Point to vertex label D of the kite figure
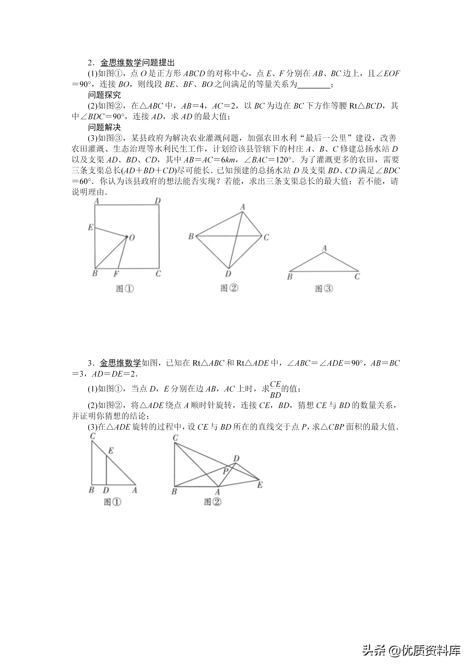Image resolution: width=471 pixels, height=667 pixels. pos(228,274)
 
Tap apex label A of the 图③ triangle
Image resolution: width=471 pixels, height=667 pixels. pos(324,248)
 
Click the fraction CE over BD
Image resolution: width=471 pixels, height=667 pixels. pos(275,389)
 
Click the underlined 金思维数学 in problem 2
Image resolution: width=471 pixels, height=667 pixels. pos(121,63)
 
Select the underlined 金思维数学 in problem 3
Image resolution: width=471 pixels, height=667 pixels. pos(120,363)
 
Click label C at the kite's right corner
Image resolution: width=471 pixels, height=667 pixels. pos(266,237)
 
